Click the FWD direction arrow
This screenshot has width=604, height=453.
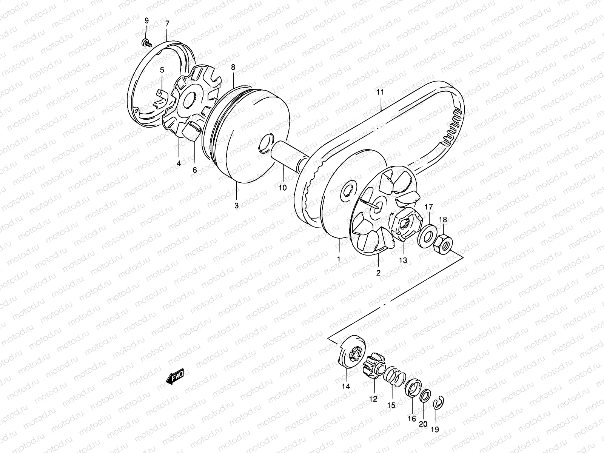tap(175, 377)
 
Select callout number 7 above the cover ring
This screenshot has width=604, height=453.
tap(167, 24)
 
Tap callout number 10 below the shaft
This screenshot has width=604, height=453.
tap(282, 187)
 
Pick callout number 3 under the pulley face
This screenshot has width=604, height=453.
tap(237, 206)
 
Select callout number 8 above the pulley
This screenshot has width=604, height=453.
tap(233, 68)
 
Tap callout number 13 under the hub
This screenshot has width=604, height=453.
tap(403, 260)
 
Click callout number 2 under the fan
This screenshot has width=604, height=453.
tap(378, 272)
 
